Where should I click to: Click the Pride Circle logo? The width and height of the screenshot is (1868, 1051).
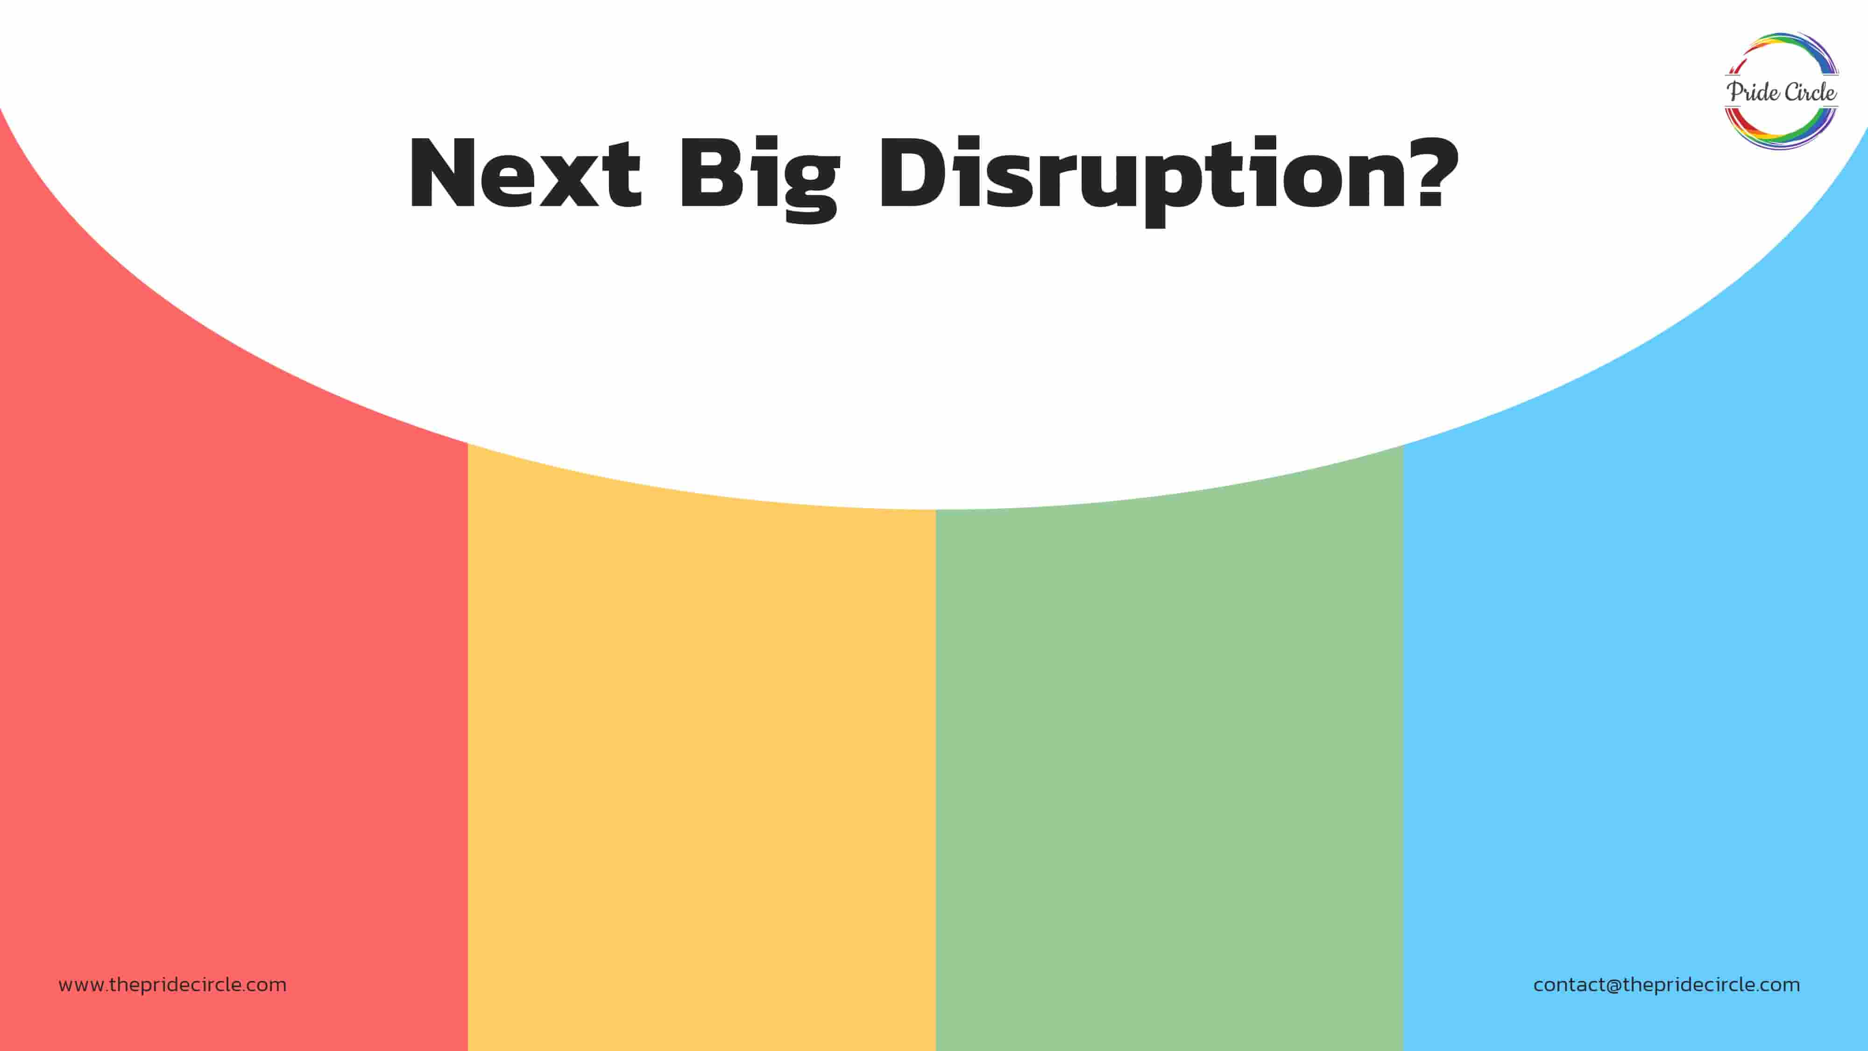[x=1781, y=92]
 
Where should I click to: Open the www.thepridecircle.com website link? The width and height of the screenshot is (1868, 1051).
[x=173, y=985]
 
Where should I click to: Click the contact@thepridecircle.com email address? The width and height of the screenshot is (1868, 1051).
[x=1666, y=985]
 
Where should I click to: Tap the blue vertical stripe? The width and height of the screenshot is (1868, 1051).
[x=1636, y=653]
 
